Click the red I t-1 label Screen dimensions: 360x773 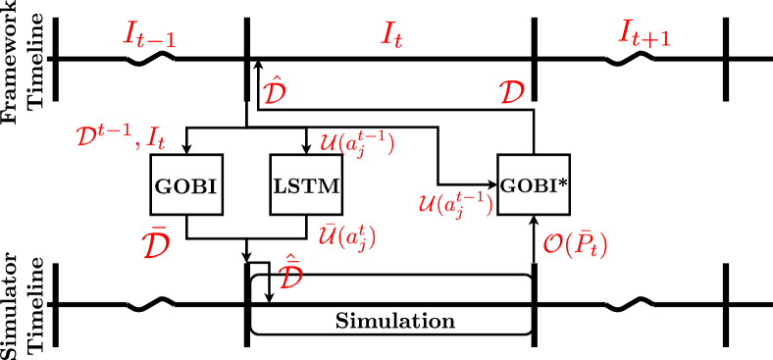pyautogui.click(x=149, y=35)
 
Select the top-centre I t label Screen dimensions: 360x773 pyautogui.click(x=391, y=36)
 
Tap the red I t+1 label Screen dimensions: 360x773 pyautogui.click(x=644, y=34)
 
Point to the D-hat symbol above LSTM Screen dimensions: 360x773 pyautogui.click(x=274, y=92)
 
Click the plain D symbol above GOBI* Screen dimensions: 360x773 pyautogui.click(x=511, y=93)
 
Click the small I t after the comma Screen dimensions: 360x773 pyautogui.click(x=156, y=138)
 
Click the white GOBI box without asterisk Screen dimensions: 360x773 pyautogui.click(x=185, y=184)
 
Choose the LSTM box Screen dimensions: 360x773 pyautogui.click(x=306, y=184)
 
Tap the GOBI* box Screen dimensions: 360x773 pyautogui.click(x=534, y=183)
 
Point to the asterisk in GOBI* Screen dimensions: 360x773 pyautogui.click(x=563, y=180)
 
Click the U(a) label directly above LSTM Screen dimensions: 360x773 pyautogui.click(x=357, y=143)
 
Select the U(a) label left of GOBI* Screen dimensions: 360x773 pyautogui.click(x=455, y=204)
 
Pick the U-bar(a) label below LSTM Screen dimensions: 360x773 pyautogui.click(x=347, y=236)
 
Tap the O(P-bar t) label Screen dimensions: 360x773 pyautogui.click(x=576, y=243)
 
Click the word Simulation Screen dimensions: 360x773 pyautogui.click(x=395, y=321)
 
